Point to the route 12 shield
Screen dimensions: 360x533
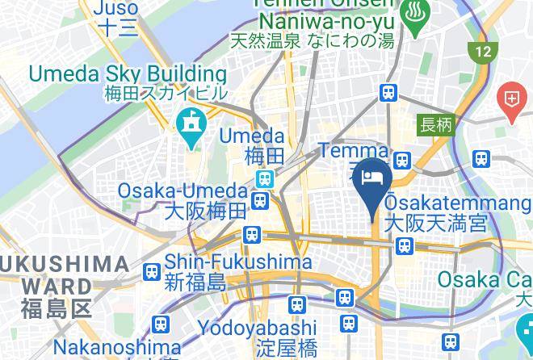click(x=481, y=52)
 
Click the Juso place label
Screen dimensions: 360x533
click(x=116, y=9)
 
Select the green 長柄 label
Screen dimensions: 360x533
click(x=436, y=124)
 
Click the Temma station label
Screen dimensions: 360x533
click(x=353, y=151)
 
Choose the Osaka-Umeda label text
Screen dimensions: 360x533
click(x=182, y=191)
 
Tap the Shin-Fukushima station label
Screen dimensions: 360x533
click(x=238, y=262)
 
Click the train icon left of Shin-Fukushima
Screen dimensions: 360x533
click(x=151, y=272)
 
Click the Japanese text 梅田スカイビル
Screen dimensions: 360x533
click(x=166, y=93)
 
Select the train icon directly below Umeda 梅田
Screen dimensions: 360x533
click(x=263, y=178)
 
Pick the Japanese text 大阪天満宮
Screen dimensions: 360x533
click(x=436, y=222)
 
